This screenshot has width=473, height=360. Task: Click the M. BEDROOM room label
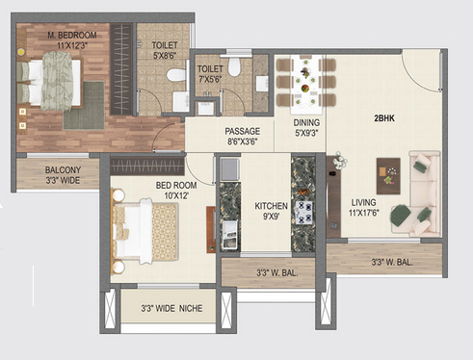[72, 35]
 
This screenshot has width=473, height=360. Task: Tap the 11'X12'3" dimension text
[72, 45]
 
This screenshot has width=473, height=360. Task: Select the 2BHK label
[384, 118]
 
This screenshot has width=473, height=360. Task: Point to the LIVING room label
[363, 202]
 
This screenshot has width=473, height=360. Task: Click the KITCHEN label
[271, 206]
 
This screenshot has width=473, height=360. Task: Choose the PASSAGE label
[242, 131]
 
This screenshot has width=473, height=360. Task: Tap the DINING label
[306, 122]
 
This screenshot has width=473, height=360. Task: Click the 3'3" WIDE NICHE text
[171, 308]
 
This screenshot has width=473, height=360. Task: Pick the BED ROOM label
[176, 185]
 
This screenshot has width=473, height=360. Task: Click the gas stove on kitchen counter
[303, 213]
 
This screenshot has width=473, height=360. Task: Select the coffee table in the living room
[388, 176]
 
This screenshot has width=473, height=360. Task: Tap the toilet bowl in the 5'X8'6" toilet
[175, 75]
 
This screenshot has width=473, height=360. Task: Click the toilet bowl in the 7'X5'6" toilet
[234, 66]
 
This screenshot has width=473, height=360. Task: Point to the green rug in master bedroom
[84, 106]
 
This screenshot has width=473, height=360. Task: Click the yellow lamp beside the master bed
[21, 51]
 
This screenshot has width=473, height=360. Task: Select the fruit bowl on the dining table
[304, 88]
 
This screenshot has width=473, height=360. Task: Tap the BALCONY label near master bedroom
[63, 169]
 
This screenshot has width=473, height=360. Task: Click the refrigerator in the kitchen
[229, 169]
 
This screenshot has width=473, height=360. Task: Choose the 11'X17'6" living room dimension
[364, 213]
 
